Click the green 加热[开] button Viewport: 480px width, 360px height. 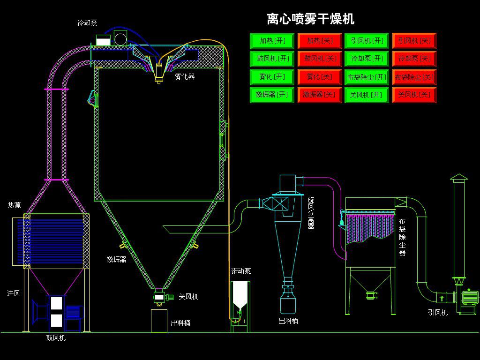click(x=272, y=41)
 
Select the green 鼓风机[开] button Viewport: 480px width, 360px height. click(x=272, y=59)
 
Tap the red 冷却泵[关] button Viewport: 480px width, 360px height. click(x=414, y=59)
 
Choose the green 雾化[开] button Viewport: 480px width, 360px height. click(x=272, y=76)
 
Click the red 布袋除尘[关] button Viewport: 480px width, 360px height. click(x=414, y=76)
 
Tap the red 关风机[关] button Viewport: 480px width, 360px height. click(x=414, y=95)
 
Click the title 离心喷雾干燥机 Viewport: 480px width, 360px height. click(x=310, y=19)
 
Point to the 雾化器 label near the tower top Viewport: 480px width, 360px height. click(x=185, y=76)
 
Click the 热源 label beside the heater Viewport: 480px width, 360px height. click(x=14, y=205)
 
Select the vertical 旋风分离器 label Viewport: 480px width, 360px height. click(x=311, y=213)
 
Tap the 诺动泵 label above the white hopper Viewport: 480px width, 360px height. click(x=241, y=271)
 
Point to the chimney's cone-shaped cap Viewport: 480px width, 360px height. click(x=459, y=177)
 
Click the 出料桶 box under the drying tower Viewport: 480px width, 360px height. click(x=159, y=321)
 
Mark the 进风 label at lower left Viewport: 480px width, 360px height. click(x=14, y=293)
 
